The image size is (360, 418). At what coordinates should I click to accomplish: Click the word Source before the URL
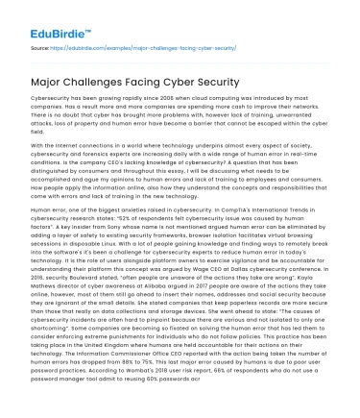[39, 46]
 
